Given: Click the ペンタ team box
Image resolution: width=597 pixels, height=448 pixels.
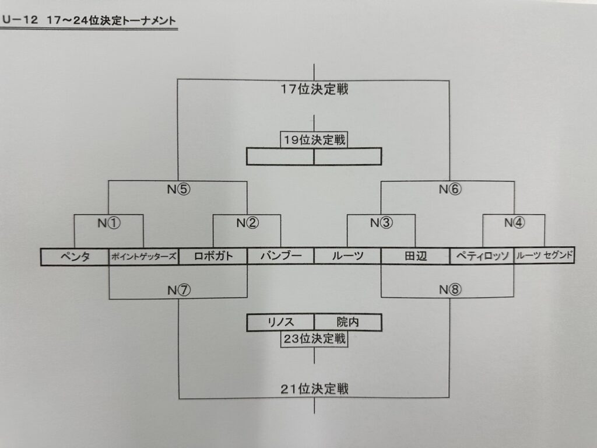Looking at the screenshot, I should click(x=75, y=257).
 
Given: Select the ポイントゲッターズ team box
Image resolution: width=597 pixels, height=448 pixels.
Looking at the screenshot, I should click(x=143, y=257).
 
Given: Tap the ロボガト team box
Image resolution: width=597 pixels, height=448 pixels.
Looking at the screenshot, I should click(x=213, y=257).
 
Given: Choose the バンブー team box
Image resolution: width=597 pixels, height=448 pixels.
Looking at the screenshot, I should click(x=280, y=257).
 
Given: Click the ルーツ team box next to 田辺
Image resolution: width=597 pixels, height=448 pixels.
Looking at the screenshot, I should click(x=347, y=257).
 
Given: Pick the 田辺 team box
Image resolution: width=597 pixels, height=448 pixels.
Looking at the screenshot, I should click(x=415, y=257).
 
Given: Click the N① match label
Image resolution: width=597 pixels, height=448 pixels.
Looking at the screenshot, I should click(x=109, y=222).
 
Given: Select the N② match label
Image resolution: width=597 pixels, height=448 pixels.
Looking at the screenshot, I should click(x=247, y=222).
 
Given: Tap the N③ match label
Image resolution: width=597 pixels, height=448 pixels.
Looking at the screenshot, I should click(x=381, y=222).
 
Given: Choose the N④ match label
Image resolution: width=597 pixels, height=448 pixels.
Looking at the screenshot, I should click(x=514, y=222).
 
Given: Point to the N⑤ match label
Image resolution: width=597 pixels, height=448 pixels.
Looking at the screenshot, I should click(x=178, y=189).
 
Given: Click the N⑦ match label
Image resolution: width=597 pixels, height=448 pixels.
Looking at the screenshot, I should click(x=178, y=290).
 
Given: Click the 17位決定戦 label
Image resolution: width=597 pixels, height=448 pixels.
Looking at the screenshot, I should click(x=314, y=89).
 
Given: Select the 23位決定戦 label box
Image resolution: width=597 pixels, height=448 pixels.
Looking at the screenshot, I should click(x=314, y=339).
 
